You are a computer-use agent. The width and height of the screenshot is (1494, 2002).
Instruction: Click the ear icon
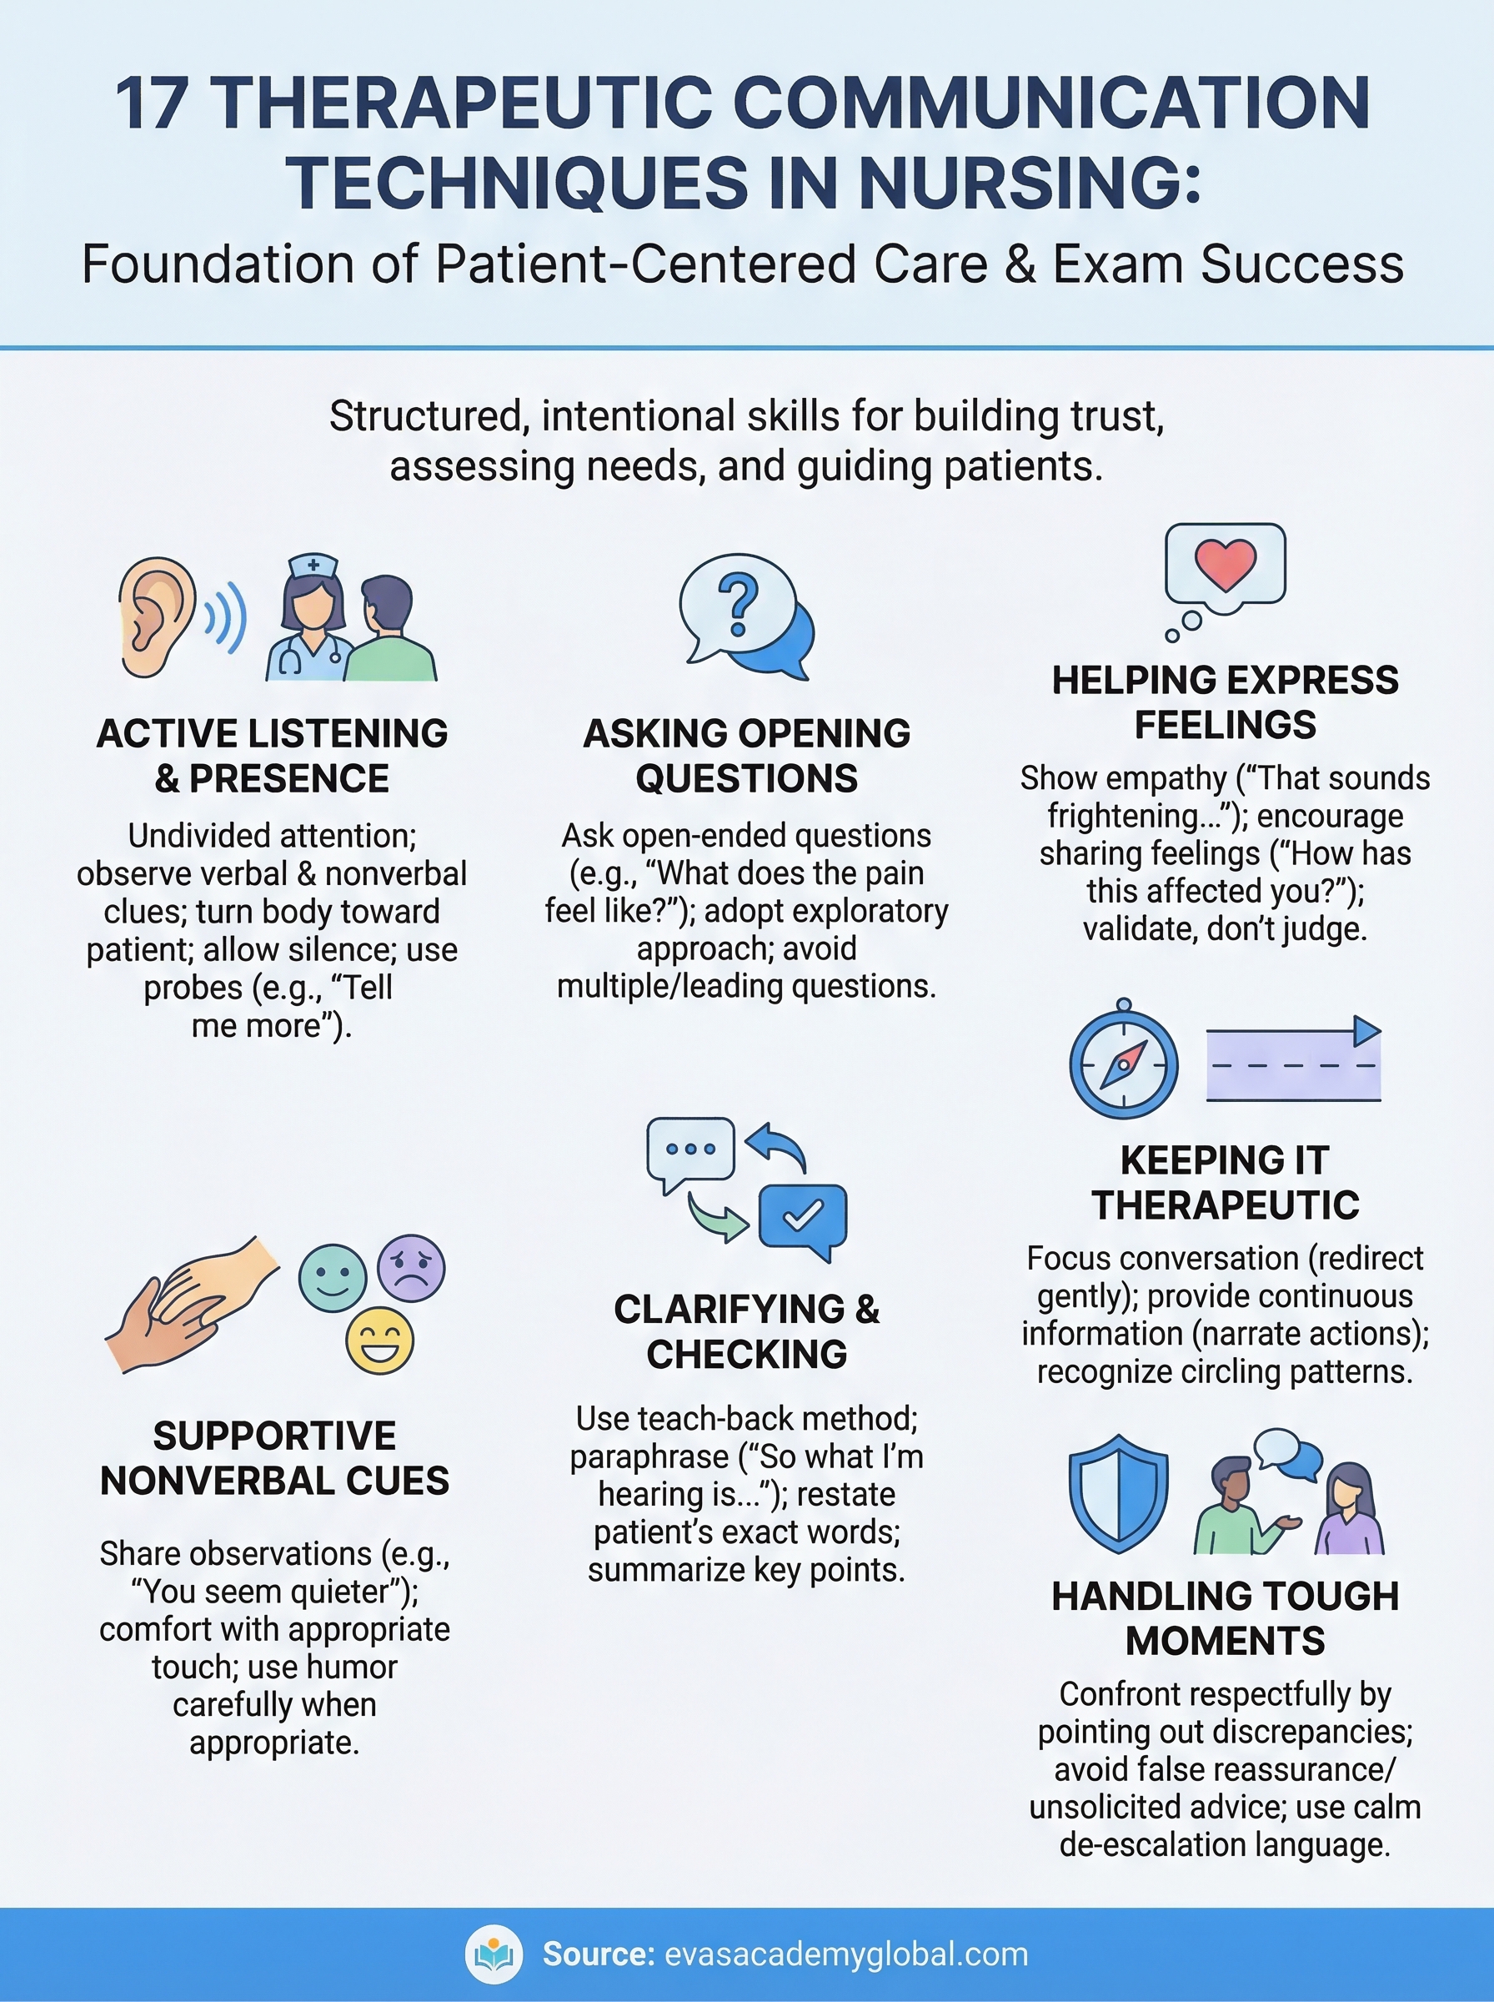coord(156,617)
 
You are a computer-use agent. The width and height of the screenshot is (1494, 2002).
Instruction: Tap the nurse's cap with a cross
coord(313,566)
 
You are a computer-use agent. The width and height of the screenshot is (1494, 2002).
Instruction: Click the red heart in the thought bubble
coord(1226,563)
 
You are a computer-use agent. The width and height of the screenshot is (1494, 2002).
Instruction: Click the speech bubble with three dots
coord(690,1149)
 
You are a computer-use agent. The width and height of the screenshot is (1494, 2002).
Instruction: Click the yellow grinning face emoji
coord(380,1341)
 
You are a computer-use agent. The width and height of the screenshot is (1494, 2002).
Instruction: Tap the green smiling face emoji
coord(332,1277)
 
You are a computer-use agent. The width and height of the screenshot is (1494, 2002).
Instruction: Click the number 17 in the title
coord(152,103)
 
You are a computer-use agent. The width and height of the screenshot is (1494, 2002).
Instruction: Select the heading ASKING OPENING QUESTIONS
coord(746,756)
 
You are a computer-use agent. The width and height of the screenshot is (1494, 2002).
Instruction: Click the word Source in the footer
coord(598,1954)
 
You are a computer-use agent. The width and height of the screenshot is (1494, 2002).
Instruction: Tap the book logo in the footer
coord(494,1955)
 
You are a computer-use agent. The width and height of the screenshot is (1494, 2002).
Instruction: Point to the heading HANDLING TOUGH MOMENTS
coord(1225,1618)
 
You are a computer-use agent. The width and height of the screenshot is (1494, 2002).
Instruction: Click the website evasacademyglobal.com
coord(845,1954)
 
